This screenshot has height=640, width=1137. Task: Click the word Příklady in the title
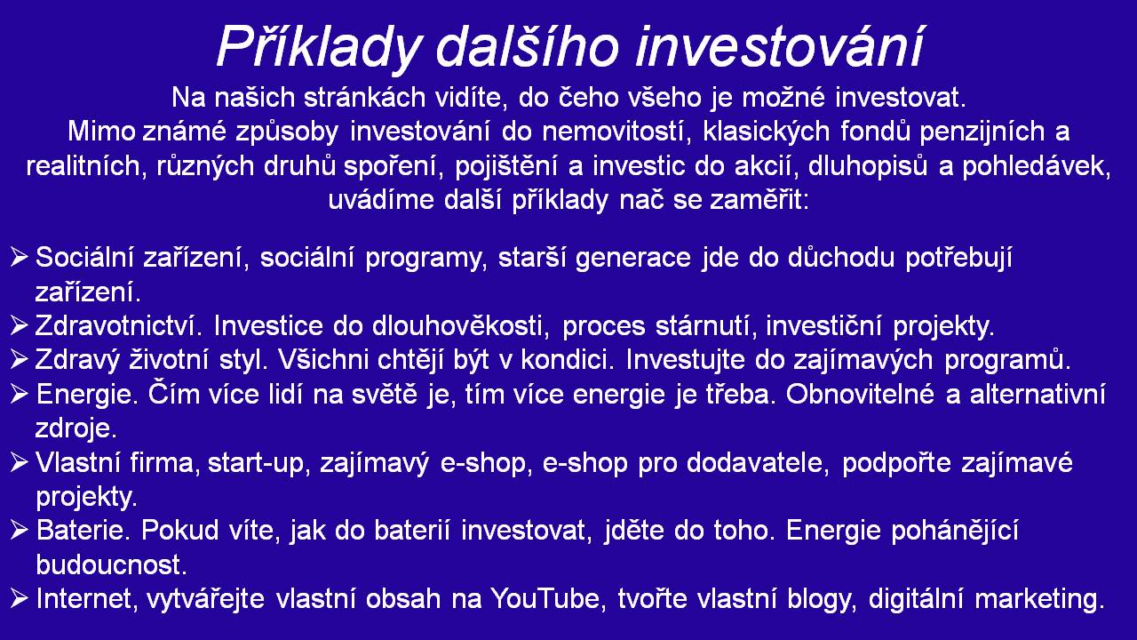[x=319, y=48]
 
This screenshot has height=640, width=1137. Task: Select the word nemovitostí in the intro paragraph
[x=617, y=132]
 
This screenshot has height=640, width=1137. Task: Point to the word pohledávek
[x=1037, y=166]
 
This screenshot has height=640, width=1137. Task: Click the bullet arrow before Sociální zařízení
[x=19, y=257]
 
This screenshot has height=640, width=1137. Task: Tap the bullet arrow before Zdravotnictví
[x=19, y=325]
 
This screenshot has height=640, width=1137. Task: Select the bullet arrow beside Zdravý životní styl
[x=19, y=360]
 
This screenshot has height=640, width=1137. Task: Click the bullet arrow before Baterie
[x=19, y=531]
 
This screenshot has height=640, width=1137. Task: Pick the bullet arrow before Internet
[x=19, y=598]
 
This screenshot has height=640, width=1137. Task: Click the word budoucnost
[x=112, y=564]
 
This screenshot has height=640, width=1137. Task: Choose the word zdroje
[x=76, y=428]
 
